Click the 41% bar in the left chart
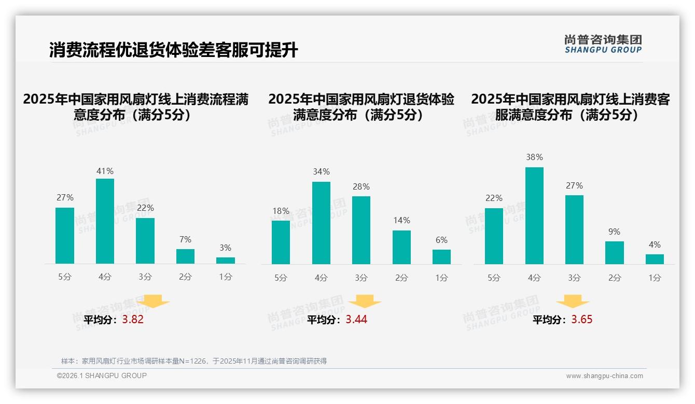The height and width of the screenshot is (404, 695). coord(105,221)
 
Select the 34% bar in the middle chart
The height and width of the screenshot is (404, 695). coord(321,223)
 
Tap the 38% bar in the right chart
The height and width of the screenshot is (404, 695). coord(534,215)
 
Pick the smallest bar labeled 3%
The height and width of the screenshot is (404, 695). coord(226,261)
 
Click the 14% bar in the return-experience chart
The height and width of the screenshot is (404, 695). coord(401,247)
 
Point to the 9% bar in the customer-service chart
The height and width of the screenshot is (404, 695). coord(615,253)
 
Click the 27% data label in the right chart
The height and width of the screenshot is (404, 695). coord(574,185)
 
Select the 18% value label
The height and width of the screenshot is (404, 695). coord(281,211)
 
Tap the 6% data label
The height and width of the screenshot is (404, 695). coord(441,240)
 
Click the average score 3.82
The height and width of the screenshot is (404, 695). coord(133,320)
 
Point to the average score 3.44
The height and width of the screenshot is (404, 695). coord(356,320)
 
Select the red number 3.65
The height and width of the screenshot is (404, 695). coord(582,320)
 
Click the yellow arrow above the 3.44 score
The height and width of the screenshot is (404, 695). coord(365,301)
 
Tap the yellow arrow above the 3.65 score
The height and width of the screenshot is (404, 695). coord(573,301)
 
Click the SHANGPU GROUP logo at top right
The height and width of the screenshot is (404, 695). coord(603,44)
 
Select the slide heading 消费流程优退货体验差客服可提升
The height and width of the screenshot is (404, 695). coord(173,50)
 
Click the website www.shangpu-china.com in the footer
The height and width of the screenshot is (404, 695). coord(604,376)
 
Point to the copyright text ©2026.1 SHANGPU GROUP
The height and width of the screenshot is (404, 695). coord(102,376)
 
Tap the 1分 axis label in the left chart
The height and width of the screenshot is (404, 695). coord(226,277)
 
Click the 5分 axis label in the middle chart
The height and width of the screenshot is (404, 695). coord(281,278)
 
